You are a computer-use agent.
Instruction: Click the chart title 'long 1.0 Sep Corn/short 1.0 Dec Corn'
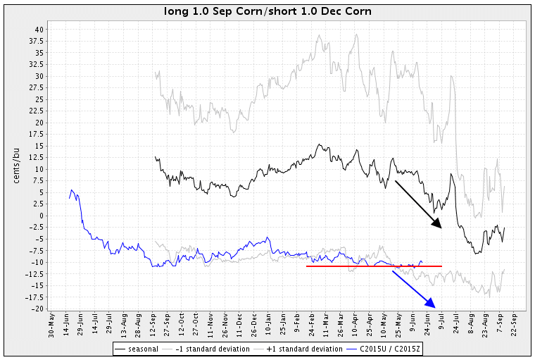point(267,11)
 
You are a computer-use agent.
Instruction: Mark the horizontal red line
point(374,266)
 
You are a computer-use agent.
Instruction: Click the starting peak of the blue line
point(72,190)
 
